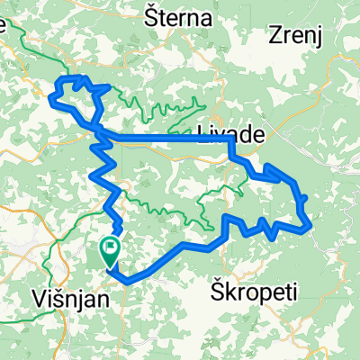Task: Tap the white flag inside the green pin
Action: pyautogui.click(x=111, y=245)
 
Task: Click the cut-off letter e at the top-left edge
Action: pyautogui.click(x=3, y=26)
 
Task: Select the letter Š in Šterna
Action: pyautogui.click(x=151, y=17)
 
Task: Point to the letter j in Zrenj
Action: pyautogui.click(x=318, y=37)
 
